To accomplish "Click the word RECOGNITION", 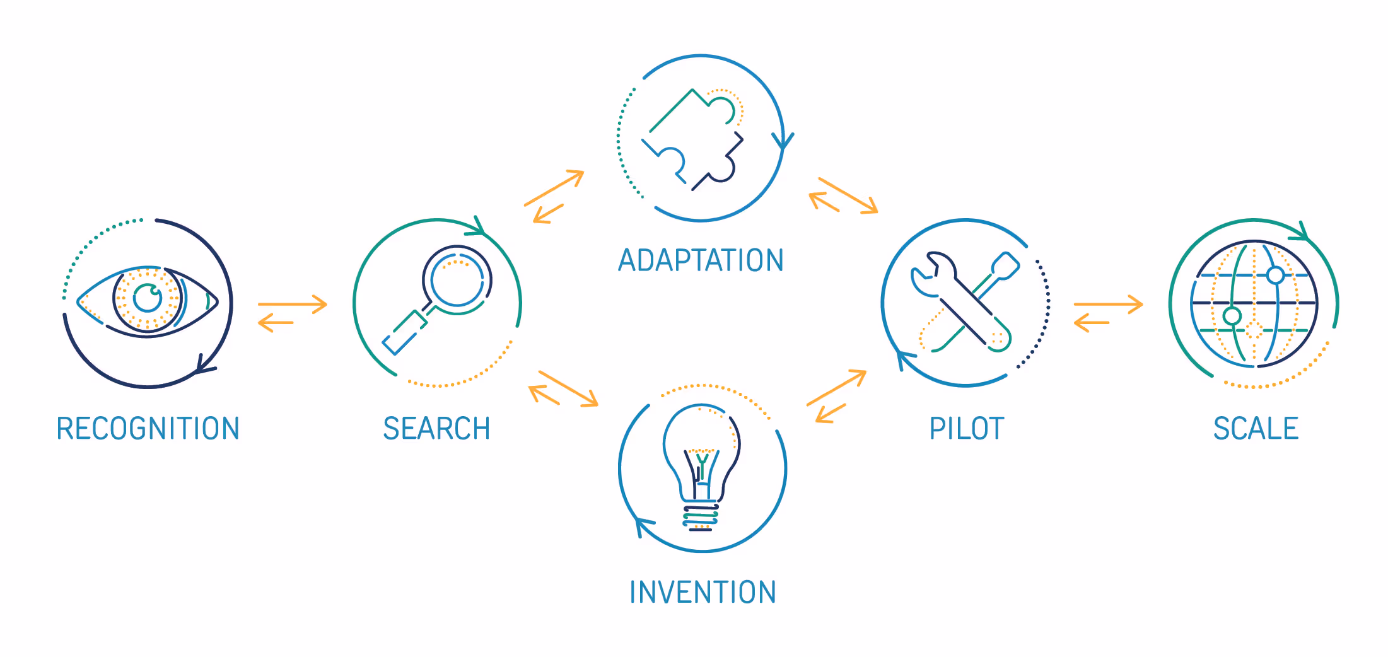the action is tap(148, 429).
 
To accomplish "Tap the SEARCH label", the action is tap(436, 429).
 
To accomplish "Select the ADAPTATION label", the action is tap(701, 260).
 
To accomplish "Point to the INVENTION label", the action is tap(703, 593).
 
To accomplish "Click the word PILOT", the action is tap(966, 429).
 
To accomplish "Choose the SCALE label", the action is tap(1256, 429).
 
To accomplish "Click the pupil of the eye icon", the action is tap(148, 298).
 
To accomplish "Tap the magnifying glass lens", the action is tap(457, 279).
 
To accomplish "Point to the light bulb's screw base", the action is tap(701, 516).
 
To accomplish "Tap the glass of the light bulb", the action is tap(701, 441).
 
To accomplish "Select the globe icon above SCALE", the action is tap(1254, 303).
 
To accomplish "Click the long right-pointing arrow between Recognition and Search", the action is tap(293, 305).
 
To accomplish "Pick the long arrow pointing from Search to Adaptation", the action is tap(554, 187).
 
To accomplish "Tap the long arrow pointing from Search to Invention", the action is tap(568, 388).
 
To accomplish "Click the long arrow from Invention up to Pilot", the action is tap(836, 387).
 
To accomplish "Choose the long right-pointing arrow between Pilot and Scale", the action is tap(1108, 305).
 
